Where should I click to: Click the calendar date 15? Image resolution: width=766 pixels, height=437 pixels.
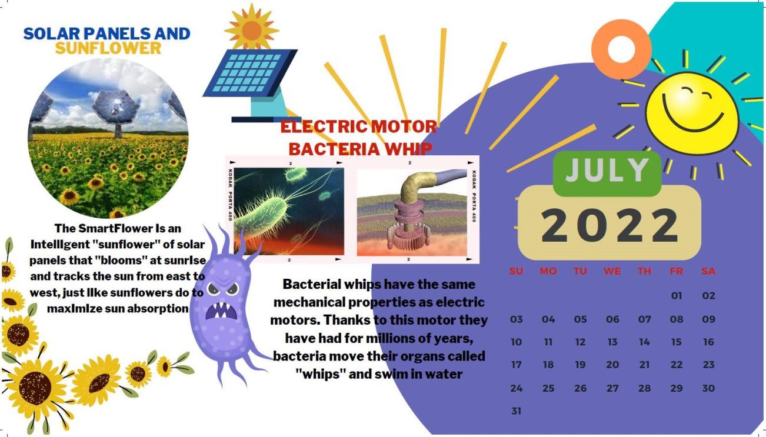pyautogui.click(x=676, y=342)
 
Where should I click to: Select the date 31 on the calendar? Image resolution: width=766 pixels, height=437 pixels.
pyautogui.click(x=516, y=411)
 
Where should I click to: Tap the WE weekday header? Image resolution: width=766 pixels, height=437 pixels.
pyautogui.click(x=612, y=271)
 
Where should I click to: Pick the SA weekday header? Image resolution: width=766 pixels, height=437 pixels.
pyautogui.click(x=708, y=271)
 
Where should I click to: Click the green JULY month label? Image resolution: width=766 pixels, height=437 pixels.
pyautogui.click(x=607, y=171)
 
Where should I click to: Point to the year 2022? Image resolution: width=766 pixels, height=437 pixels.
pyautogui.click(x=610, y=226)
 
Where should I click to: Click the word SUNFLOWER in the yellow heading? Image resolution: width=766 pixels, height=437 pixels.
pyautogui.click(x=108, y=48)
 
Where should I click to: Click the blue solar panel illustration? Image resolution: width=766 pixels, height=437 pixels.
pyautogui.click(x=250, y=73)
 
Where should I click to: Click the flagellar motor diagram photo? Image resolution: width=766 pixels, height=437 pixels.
pyautogui.click(x=412, y=213)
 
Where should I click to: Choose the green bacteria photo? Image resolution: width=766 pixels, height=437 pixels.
pyautogui.click(x=289, y=211)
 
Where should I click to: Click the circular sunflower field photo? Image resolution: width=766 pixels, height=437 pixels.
pyautogui.click(x=108, y=138)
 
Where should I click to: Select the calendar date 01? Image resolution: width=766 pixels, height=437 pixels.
pyautogui.click(x=676, y=295)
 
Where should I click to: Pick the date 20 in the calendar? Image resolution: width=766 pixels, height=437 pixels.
pyautogui.click(x=612, y=365)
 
